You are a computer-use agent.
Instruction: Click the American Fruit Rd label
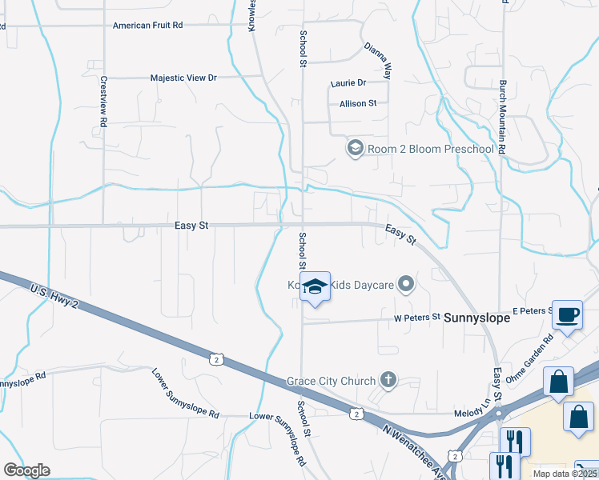[148, 26]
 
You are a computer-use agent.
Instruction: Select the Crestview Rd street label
[103, 103]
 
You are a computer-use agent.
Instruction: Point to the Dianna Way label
[376, 60]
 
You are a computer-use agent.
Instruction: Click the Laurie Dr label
[348, 83]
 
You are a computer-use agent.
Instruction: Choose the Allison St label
[358, 104]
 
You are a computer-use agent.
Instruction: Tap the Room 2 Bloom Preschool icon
[354, 148]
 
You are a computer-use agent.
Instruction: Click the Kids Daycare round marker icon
[407, 284]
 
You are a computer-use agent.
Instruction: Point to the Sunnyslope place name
[477, 318]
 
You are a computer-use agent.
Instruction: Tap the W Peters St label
[416, 317]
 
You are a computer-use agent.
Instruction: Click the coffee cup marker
[568, 314]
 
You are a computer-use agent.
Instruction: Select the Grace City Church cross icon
[388, 380]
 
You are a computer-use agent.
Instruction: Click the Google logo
[26, 470]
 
